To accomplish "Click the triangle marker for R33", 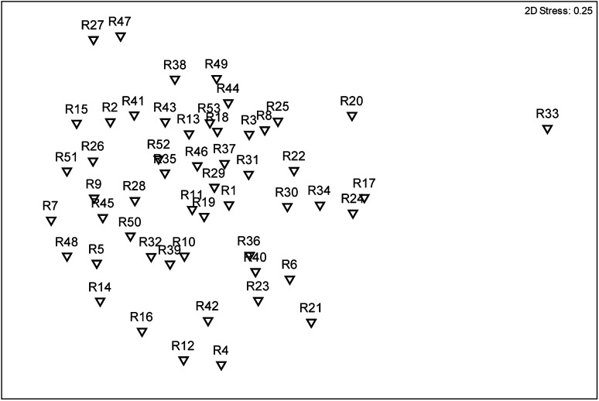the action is click(x=547, y=129).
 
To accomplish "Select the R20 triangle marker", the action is click(x=352, y=116).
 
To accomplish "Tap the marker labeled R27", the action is click(x=93, y=40).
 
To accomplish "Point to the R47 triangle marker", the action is click(x=121, y=36).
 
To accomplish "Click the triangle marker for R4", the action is click(x=221, y=365).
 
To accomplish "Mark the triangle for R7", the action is click(x=51, y=221).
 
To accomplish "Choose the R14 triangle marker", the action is click(x=100, y=302).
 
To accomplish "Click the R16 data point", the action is click(x=142, y=332).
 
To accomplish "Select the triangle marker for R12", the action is click(x=183, y=361).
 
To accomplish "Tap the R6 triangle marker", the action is click(x=290, y=280).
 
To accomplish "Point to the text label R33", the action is click(x=547, y=114).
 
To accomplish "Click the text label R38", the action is click(x=175, y=65).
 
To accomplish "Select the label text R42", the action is click(x=207, y=306).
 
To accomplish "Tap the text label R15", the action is click(x=77, y=108).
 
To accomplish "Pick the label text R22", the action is click(x=294, y=156).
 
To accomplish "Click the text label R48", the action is click(x=67, y=242).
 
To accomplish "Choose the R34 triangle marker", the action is click(x=320, y=206).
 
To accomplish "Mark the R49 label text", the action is click(x=217, y=63).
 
